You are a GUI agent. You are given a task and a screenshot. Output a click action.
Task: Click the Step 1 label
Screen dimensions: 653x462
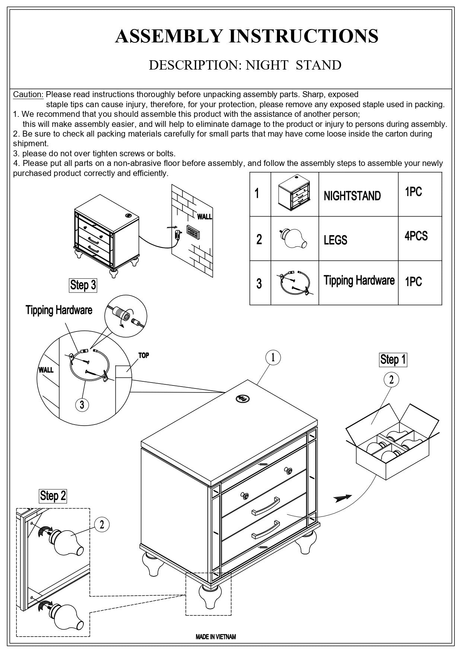[x=393, y=359]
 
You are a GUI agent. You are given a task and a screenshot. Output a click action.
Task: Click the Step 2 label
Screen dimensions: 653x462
[x=53, y=496]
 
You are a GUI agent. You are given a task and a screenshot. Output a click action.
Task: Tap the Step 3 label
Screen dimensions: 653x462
[x=83, y=285]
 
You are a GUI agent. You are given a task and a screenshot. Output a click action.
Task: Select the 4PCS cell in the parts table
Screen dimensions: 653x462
[x=416, y=236]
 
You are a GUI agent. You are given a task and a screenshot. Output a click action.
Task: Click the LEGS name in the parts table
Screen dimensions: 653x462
[x=335, y=240]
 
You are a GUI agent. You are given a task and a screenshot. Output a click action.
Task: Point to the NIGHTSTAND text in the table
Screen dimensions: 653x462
[x=352, y=196]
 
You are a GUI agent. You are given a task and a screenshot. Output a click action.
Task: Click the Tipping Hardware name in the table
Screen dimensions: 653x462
[x=359, y=280]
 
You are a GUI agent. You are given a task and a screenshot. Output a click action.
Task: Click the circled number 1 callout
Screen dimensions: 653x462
[x=273, y=358]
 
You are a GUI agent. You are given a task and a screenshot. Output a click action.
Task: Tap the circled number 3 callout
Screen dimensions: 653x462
[x=82, y=404]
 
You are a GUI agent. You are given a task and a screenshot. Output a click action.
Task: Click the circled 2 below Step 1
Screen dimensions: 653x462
[x=391, y=380]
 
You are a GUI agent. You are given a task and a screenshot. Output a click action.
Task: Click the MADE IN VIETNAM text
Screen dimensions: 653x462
[x=216, y=637]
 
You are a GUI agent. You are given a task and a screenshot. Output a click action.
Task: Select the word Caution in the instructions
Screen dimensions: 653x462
[x=28, y=95]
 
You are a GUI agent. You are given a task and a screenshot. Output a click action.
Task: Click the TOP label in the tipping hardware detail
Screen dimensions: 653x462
[x=143, y=355]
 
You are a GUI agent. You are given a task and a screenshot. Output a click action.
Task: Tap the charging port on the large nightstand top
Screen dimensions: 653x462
[x=242, y=399]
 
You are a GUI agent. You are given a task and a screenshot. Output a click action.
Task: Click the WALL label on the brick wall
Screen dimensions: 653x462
[x=204, y=217]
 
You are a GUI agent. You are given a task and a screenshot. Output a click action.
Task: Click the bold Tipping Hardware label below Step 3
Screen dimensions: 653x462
[x=59, y=310]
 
